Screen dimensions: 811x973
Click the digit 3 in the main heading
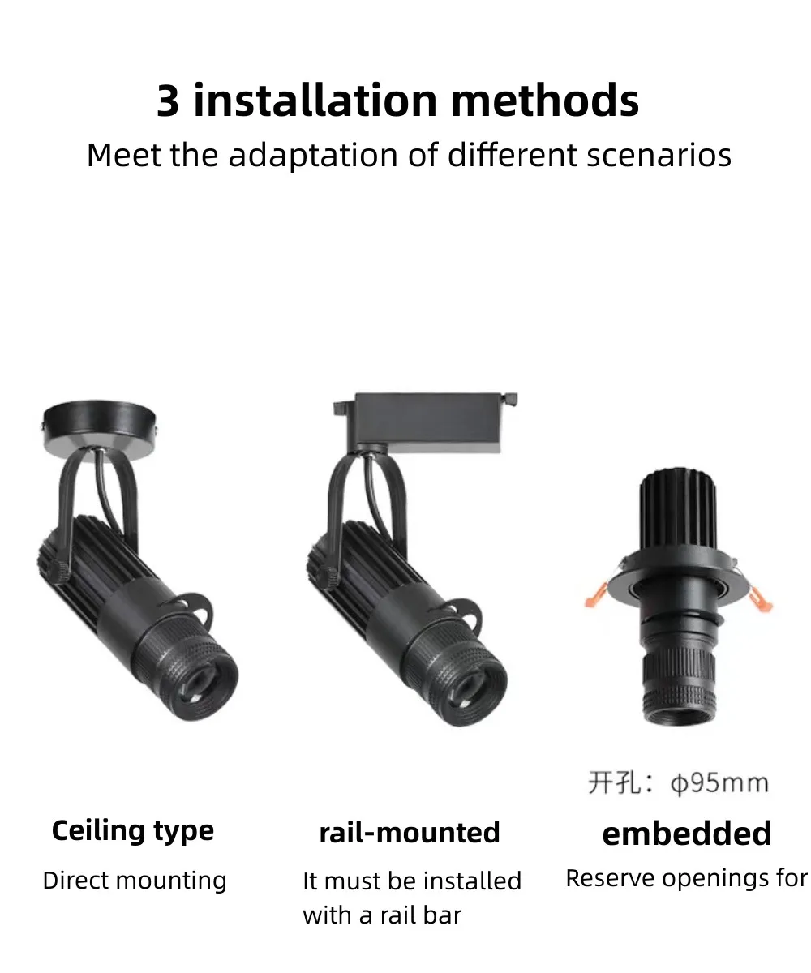pos(168,101)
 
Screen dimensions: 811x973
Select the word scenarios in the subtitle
pos(659,155)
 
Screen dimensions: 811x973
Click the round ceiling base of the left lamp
pos(100,430)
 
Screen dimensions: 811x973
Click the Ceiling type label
pos(133,832)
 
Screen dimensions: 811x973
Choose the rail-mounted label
pos(410,833)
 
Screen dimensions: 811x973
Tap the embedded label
pos(687,834)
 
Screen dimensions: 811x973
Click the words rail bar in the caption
pos(421,915)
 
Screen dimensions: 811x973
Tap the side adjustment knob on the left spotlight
pos(58,572)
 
